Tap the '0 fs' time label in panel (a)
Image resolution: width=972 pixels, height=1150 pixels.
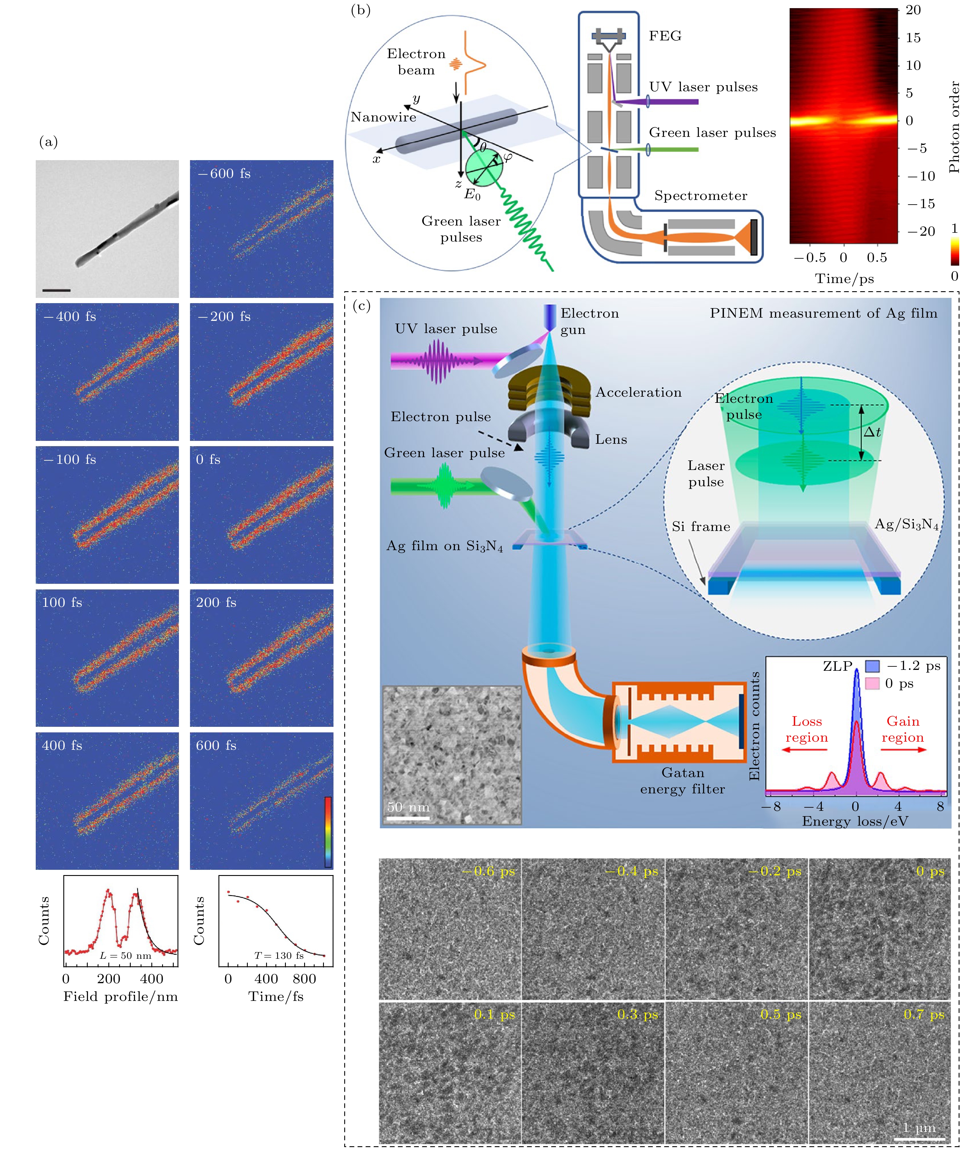(x=208, y=460)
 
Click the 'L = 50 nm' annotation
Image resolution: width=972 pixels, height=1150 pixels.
(x=125, y=955)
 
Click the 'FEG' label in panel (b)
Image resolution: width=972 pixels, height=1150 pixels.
(x=665, y=36)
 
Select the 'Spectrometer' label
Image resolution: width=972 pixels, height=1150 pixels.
(x=700, y=196)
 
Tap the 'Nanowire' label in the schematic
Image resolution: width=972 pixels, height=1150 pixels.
(x=383, y=117)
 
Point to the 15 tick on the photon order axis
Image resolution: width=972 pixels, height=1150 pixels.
(x=913, y=38)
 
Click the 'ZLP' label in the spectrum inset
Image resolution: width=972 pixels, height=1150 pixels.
(x=837, y=666)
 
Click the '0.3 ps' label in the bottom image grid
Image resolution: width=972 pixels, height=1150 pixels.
(x=638, y=1014)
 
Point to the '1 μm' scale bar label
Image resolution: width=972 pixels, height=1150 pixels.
(x=919, y=1127)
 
